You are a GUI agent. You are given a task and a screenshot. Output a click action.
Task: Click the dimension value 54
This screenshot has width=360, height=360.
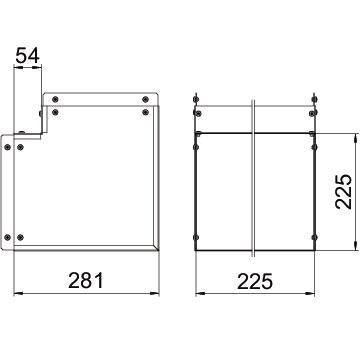pos(28,55)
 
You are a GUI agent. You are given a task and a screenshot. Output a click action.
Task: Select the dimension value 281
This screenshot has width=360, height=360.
pos(86,281)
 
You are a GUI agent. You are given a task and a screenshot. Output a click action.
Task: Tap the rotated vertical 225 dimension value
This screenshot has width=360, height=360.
pos(344,191)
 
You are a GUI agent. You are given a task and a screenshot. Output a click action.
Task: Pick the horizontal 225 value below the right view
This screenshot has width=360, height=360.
pos(255,281)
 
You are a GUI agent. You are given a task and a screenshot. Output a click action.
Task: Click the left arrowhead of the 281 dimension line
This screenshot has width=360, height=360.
pos(18,293)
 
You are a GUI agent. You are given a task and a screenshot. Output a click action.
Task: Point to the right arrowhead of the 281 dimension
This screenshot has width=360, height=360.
pos(155,293)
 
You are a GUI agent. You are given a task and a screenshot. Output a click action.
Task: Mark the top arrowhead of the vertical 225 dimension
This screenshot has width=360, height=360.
pos(355,137)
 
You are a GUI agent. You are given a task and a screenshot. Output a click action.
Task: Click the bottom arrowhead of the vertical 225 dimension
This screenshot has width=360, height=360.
pos(355,246)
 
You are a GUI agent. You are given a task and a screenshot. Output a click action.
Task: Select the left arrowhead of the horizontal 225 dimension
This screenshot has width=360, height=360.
pos(200,293)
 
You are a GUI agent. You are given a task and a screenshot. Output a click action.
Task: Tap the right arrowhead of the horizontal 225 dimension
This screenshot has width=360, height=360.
pos(311,293)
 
